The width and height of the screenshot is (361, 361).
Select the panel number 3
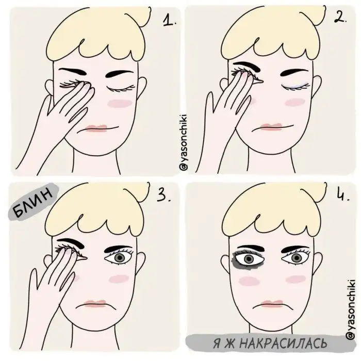163,195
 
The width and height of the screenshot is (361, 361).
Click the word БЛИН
33,202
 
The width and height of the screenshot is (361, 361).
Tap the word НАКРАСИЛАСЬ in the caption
283,344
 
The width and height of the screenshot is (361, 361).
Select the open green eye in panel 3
119,257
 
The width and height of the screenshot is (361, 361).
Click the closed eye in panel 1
120,88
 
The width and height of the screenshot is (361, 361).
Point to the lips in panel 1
97,128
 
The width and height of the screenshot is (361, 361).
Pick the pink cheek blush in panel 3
119,279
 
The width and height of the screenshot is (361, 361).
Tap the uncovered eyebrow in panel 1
120,74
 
